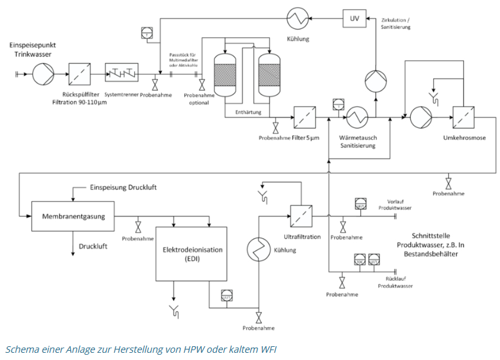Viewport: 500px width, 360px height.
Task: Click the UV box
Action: tap(355, 19)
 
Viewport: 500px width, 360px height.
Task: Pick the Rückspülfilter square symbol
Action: tap(80, 74)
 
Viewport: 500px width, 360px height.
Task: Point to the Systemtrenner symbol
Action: tap(126, 74)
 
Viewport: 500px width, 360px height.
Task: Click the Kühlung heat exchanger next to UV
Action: tap(297, 19)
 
